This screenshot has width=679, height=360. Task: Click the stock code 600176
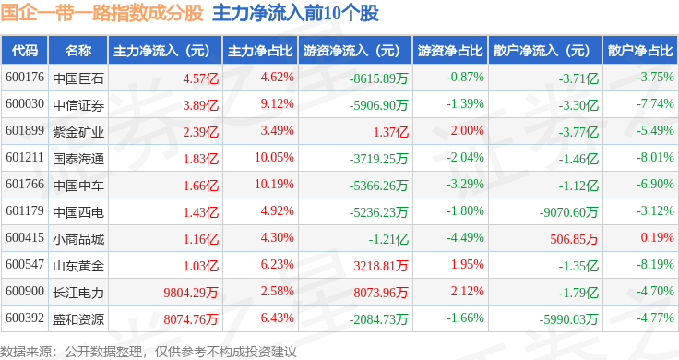pyautogui.click(x=25, y=78)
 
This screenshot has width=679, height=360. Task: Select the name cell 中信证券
pyautogui.click(x=78, y=105)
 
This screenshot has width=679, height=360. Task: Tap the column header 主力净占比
pyautogui.click(x=260, y=51)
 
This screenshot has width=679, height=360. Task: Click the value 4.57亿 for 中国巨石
pyautogui.click(x=200, y=78)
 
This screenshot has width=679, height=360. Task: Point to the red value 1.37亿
pyautogui.click(x=391, y=132)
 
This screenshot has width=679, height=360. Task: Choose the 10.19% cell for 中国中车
pyautogui.click(x=274, y=184)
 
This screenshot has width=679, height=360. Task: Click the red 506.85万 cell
pyautogui.click(x=574, y=239)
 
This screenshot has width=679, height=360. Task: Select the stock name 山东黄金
pyautogui.click(x=78, y=266)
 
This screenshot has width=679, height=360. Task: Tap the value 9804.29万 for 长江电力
pyautogui.click(x=191, y=293)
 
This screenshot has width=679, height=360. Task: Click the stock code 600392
pyautogui.click(x=25, y=318)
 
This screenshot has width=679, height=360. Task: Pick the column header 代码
pyautogui.click(x=25, y=51)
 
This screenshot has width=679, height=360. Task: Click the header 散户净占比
pyautogui.click(x=640, y=51)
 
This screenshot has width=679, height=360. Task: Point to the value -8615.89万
pyautogui.click(x=379, y=78)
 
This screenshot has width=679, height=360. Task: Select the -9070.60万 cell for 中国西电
pyautogui.click(x=568, y=212)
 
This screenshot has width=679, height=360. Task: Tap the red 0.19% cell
pyautogui.click(x=658, y=237)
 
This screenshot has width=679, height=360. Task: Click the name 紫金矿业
pyautogui.click(x=78, y=132)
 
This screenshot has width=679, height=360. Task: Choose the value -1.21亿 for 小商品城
pyautogui.click(x=388, y=239)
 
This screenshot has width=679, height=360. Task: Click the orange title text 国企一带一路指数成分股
pyautogui.click(x=101, y=13)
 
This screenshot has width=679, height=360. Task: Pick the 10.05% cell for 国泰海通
pyautogui.click(x=274, y=157)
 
